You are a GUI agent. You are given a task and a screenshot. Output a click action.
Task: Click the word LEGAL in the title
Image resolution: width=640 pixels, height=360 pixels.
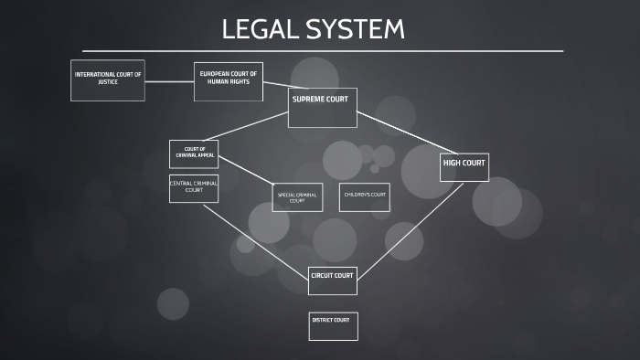[259, 29]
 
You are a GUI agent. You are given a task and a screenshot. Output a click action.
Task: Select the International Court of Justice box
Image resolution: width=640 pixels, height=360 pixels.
[108, 80]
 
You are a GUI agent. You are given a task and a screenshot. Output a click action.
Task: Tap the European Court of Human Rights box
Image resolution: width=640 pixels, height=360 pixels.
[229, 81]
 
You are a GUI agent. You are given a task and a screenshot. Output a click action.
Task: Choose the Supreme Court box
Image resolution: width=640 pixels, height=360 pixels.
[320, 107]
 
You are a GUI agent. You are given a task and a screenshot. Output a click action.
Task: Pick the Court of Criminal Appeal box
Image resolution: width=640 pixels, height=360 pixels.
[194, 154]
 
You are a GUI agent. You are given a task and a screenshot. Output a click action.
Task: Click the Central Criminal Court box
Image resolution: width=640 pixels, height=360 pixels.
[194, 188]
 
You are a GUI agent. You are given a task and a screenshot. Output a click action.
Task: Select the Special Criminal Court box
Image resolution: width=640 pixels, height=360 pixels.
[297, 197]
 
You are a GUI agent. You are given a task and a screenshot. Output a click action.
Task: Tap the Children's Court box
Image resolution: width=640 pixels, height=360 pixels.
[365, 197]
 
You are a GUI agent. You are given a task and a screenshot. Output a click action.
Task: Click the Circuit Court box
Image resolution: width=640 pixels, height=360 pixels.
[332, 281]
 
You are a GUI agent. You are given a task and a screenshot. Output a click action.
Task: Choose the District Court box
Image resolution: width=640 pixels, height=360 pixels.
[333, 325]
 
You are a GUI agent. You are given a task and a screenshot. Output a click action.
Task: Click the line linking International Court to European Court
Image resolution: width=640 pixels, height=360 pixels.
[169, 82]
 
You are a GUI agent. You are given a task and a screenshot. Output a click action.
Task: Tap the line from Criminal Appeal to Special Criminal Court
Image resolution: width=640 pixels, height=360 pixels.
[245, 169]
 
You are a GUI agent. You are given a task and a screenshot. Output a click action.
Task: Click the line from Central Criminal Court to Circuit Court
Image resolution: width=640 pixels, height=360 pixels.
[256, 239]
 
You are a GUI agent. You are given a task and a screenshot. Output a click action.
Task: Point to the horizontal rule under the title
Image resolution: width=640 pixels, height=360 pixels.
[320, 51]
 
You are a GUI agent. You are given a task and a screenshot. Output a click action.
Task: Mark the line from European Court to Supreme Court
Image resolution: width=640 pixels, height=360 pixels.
[275, 88]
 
